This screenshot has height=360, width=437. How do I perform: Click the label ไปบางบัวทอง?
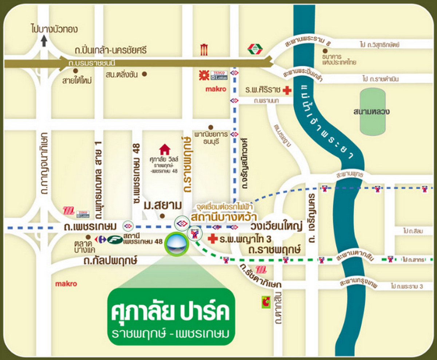pos(55,29)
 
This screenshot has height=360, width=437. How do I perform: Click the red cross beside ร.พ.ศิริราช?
pos(287,90)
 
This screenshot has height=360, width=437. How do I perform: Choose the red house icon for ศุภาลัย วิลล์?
pos(165,149)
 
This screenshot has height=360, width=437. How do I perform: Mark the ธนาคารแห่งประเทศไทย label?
pos(339,59)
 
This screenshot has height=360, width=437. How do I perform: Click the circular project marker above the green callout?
pos(177,244)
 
